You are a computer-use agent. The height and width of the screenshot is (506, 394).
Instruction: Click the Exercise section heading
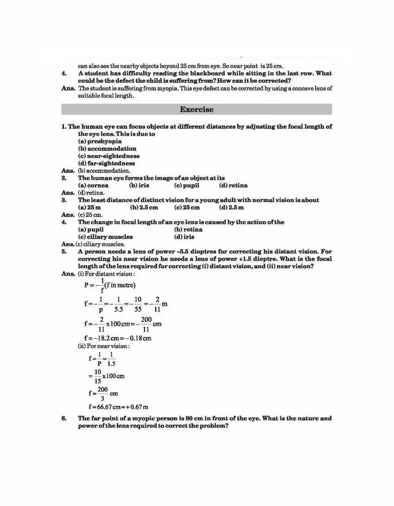click(x=197, y=109)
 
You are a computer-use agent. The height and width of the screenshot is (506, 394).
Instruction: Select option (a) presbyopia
click(x=100, y=141)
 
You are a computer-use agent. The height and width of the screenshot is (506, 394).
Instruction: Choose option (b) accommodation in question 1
click(x=107, y=149)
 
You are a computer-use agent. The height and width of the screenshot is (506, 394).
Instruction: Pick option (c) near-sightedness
click(x=108, y=156)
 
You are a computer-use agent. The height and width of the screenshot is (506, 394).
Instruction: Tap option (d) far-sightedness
click(x=107, y=163)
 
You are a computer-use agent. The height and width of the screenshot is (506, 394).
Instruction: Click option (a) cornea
click(x=93, y=185)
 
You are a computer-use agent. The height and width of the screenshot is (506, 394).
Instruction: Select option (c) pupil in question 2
click(x=187, y=185)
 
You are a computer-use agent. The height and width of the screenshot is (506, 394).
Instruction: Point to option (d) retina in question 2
click(x=233, y=185)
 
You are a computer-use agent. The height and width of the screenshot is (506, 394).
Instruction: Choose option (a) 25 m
click(x=89, y=208)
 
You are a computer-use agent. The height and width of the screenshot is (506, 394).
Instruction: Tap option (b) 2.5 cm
click(x=144, y=208)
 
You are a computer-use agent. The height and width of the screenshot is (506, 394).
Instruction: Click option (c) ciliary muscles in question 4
click(x=105, y=237)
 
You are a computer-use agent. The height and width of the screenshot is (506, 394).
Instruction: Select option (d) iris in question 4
click(x=184, y=237)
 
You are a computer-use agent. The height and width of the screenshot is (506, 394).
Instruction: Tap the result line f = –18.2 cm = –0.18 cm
click(x=118, y=338)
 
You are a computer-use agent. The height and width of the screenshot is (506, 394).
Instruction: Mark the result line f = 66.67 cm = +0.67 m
click(x=118, y=407)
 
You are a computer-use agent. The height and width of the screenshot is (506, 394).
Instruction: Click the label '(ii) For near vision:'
click(x=104, y=346)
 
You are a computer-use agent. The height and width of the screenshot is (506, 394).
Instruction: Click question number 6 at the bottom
click(x=64, y=418)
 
